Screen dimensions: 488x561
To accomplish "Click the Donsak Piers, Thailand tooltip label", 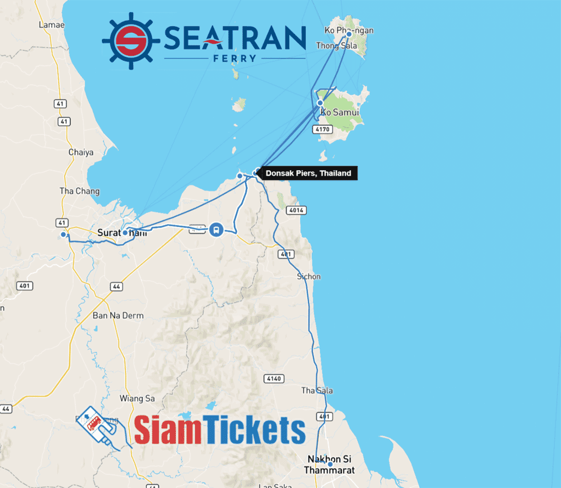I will [308, 173].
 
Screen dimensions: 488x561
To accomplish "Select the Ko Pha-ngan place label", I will [349, 31].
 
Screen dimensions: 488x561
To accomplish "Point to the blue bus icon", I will [216, 229].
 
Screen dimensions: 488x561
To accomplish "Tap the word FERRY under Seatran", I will [235, 58].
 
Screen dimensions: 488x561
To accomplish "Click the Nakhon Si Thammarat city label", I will [331, 464].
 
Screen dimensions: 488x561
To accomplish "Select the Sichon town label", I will [308, 276].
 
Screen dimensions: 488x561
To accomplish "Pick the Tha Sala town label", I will [317, 391].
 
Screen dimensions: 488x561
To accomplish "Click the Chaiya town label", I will [81, 152].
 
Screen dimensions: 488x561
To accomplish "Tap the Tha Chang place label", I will [79, 191].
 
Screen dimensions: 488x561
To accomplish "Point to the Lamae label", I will [52, 25].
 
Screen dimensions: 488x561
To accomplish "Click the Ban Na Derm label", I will [118, 316].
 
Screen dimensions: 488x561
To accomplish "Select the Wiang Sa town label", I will [135, 398].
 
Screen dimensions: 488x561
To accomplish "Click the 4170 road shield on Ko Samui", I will [322, 129].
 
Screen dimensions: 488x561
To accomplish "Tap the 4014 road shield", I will [296, 210].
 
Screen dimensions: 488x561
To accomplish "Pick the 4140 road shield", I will [272, 379].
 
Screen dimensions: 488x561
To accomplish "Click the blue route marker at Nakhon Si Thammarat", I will [330, 464].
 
